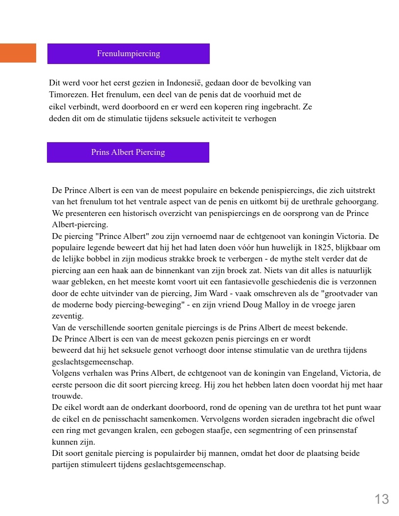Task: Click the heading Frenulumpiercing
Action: coord(128,54)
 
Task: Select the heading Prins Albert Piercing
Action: coord(128,152)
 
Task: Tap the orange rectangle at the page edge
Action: coord(18,53)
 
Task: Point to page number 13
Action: coord(381,499)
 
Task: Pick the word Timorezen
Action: coord(68,95)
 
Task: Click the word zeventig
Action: coord(67,316)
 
